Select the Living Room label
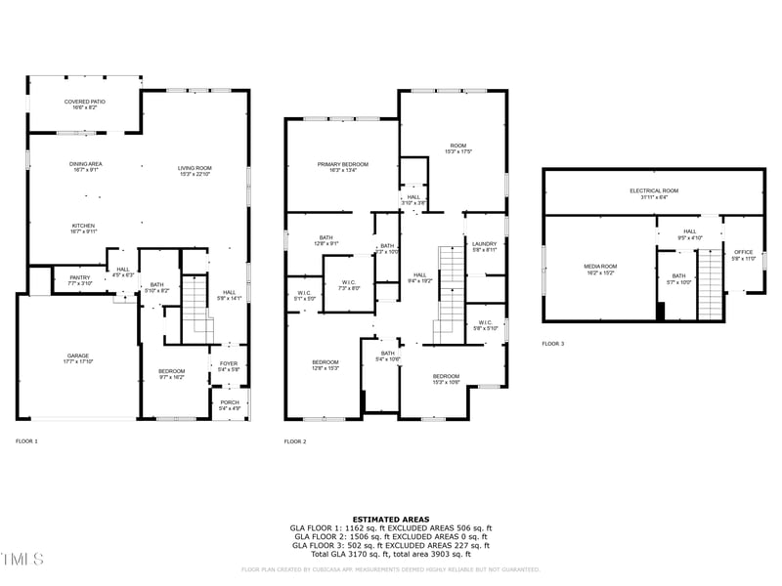195,170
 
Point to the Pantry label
80,279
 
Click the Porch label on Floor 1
230,404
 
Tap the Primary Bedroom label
342,167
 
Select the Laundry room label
484,246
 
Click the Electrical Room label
654,193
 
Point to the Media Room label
600,269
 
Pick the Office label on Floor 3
744,255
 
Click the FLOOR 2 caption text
295,441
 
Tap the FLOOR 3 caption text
553,344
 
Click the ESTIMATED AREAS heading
390,520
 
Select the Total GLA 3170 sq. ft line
390,555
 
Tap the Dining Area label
85,166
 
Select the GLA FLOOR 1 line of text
390,528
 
